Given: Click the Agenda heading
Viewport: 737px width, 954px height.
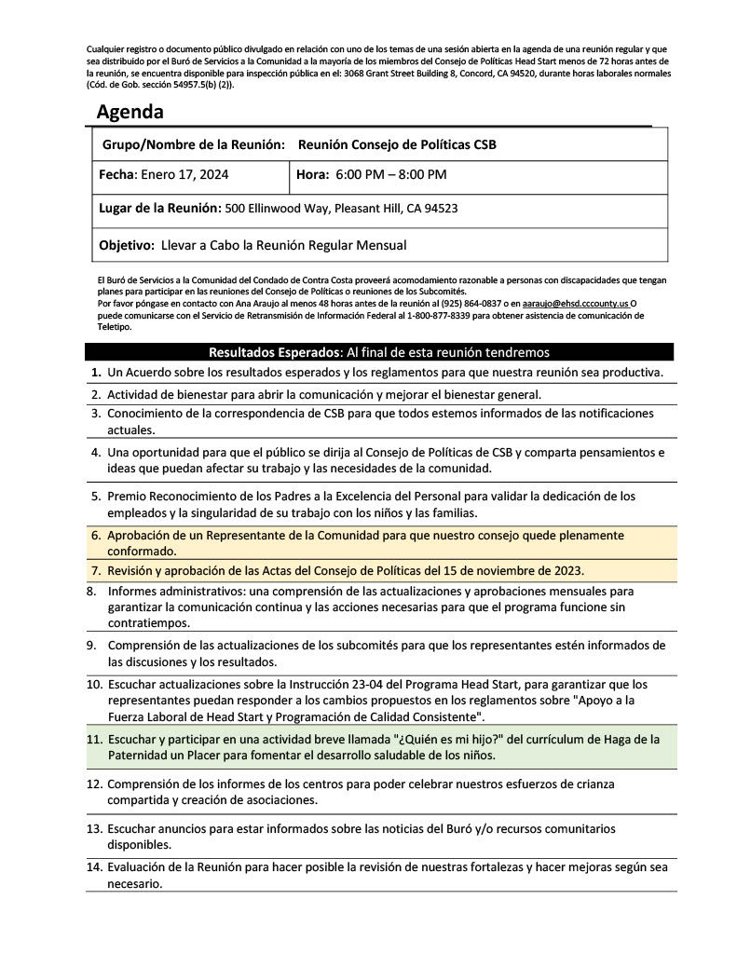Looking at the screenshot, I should [x=130, y=113].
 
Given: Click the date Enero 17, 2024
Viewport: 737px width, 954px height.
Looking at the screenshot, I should [x=184, y=174].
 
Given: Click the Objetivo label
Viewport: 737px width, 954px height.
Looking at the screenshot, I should [x=126, y=245].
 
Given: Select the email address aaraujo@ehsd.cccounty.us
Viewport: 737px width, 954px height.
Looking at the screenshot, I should [x=575, y=304].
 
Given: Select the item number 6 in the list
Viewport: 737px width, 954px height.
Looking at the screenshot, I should [x=96, y=537].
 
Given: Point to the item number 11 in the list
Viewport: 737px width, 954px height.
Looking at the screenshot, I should [x=94, y=739].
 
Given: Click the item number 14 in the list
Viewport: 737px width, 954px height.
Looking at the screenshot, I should [x=94, y=866].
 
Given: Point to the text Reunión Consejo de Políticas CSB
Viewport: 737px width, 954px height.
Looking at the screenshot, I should [x=397, y=144].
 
